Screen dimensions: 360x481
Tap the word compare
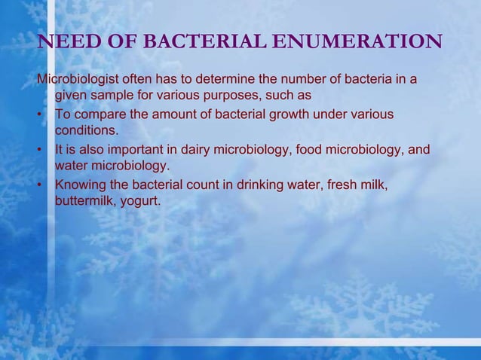click(97, 114)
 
